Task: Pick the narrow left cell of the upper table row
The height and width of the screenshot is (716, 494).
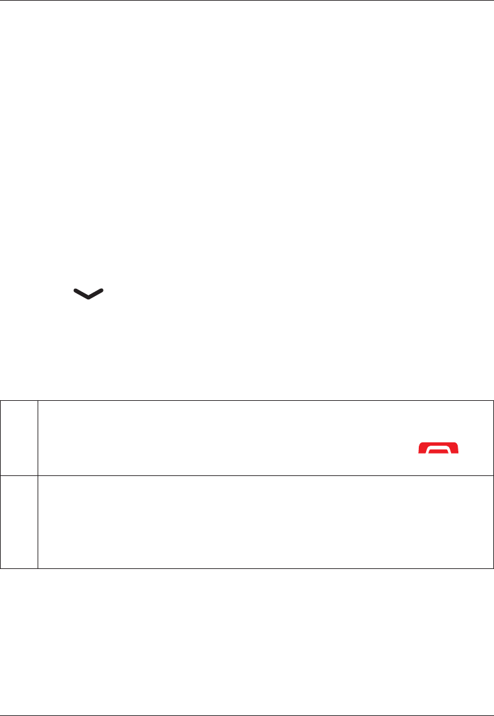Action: coord(19,438)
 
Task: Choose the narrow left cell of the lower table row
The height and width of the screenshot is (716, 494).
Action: coord(19,522)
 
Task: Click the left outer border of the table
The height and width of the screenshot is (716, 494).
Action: coord(1,484)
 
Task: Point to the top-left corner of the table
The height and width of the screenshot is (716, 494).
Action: coord(1,400)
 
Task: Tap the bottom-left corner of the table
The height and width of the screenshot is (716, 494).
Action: coord(1,568)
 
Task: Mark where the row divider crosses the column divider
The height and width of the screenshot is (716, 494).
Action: coord(38,475)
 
